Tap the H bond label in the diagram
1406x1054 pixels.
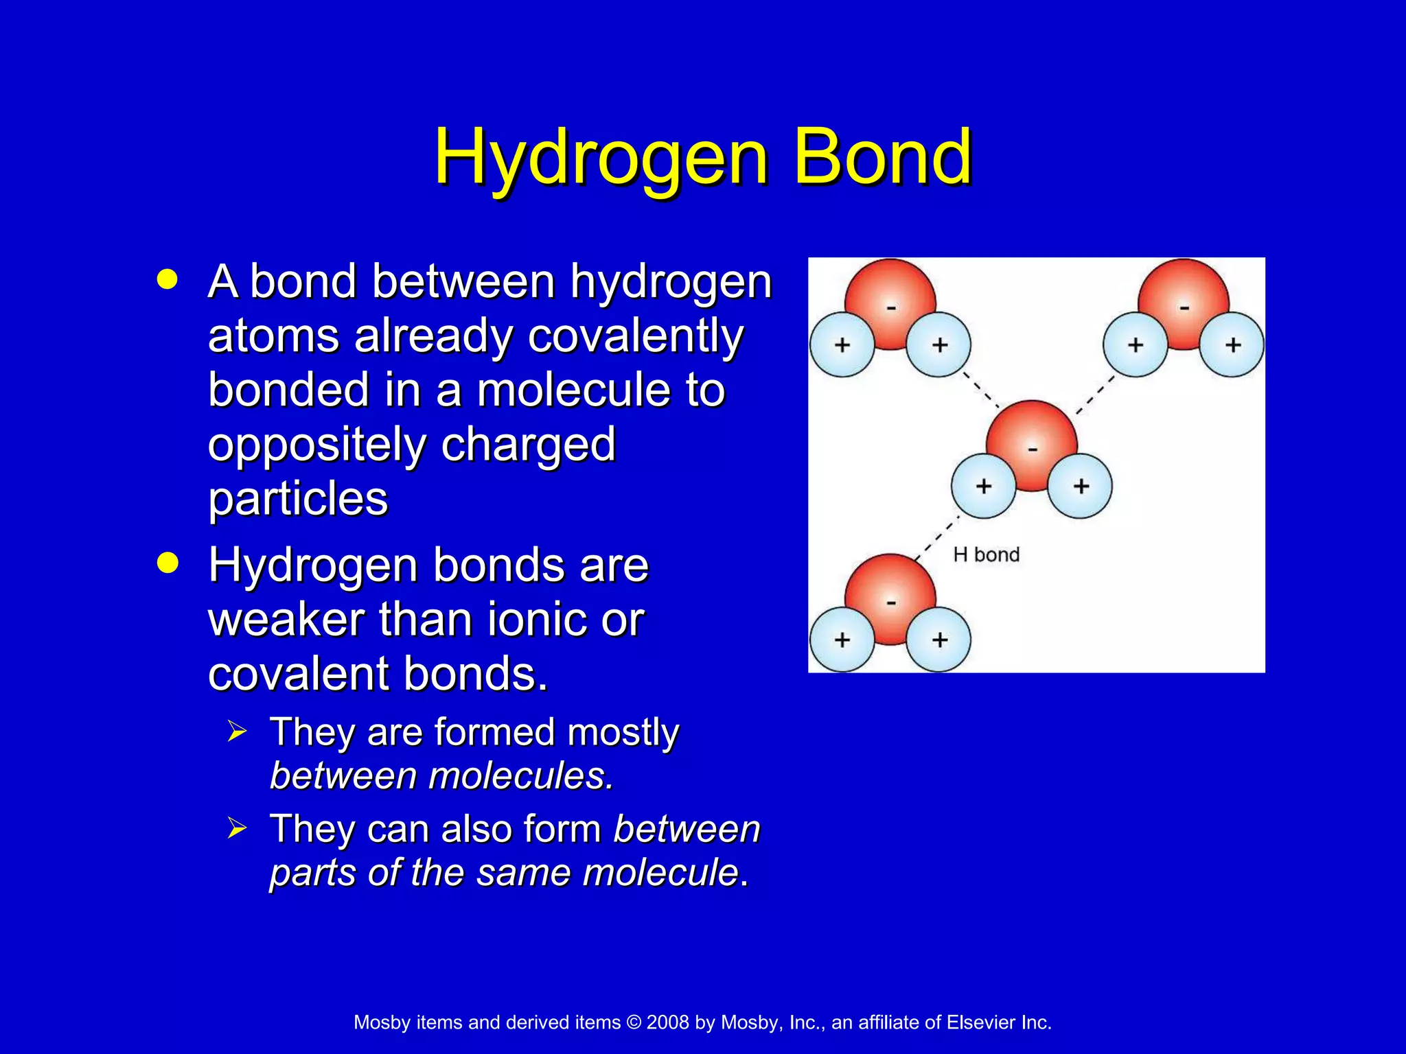[986, 554]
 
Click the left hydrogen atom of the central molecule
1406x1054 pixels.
[983, 486]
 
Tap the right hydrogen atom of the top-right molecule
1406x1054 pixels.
[1232, 344]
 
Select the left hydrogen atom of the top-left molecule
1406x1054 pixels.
[842, 344]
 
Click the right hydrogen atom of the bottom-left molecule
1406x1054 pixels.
[939, 640]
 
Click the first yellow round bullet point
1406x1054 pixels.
[167, 279]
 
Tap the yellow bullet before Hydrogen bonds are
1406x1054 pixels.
[167, 563]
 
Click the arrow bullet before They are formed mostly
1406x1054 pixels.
[236, 731]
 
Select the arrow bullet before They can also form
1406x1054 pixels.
[236, 828]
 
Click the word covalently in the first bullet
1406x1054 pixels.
[636, 336]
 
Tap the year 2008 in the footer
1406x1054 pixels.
[667, 1022]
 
